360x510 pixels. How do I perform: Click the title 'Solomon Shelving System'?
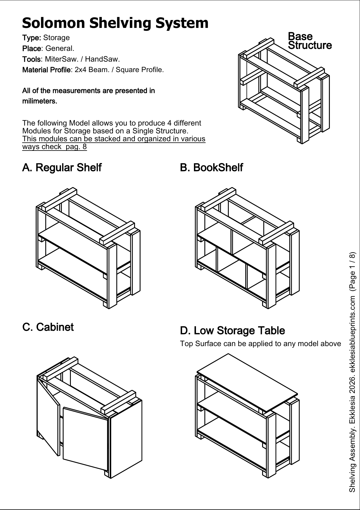(x=115, y=23)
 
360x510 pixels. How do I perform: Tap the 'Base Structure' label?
(x=309, y=41)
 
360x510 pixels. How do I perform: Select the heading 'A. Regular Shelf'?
(x=62, y=168)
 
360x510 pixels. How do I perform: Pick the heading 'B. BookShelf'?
(x=211, y=168)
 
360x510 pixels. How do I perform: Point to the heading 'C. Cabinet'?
(x=48, y=327)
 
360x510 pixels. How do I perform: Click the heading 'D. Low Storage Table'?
(x=232, y=331)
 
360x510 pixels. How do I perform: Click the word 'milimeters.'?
(x=40, y=101)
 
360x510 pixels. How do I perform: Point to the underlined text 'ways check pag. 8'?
(x=55, y=147)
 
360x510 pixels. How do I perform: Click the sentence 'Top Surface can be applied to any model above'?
(x=260, y=344)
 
